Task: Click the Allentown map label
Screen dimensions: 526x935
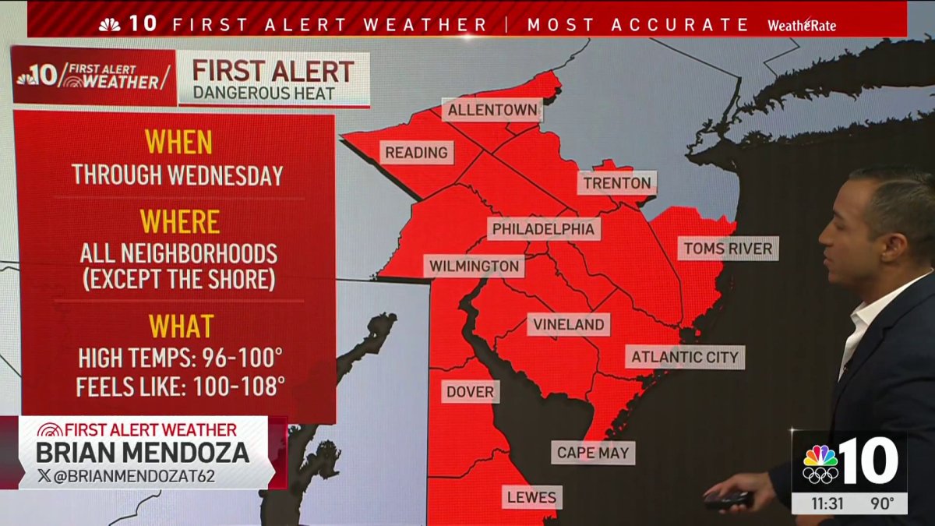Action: tap(492, 110)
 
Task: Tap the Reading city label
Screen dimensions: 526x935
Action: tap(416, 152)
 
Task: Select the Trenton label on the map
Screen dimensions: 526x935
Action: tap(616, 184)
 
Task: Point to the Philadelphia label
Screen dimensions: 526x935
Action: tap(545, 229)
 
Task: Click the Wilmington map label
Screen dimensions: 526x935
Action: tap(475, 267)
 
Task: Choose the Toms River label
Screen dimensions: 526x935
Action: tap(728, 249)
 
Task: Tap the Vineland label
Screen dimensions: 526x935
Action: tap(568, 324)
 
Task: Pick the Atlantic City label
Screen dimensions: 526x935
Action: tap(684, 357)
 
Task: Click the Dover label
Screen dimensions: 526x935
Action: tap(470, 391)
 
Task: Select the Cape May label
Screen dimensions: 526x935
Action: tap(593, 452)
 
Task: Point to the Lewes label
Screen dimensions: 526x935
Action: tap(531, 496)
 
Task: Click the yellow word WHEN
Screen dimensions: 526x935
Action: tap(178, 143)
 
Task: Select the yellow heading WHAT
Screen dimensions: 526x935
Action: tap(181, 326)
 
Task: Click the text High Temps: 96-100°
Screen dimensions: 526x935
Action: tap(180, 358)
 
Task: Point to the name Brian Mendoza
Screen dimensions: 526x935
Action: tap(143, 452)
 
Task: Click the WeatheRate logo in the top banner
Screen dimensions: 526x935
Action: tap(801, 25)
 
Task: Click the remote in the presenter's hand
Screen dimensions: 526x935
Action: tap(727, 500)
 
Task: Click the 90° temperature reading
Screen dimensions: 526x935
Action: tap(882, 503)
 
